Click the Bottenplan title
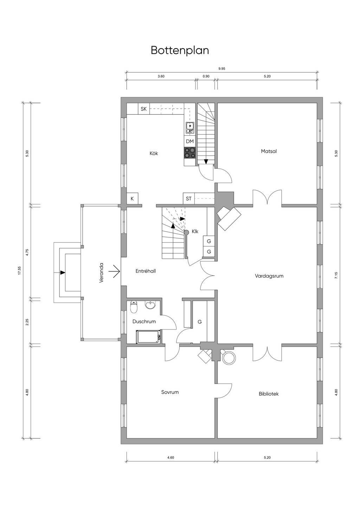[x=180, y=51]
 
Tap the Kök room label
[x=154, y=154]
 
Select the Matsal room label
[x=269, y=151]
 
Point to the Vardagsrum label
[x=269, y=276]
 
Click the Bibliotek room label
[x=269, y=394]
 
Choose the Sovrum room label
[x=170, y=392]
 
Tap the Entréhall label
[x=146, y=271]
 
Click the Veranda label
[x=101, y=273]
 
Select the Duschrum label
[x=144, y=321]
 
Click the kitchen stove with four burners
[x=190, y=152]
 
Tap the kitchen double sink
[x=190, y=128]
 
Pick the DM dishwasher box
[x=190, y=141]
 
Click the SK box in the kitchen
[x=144, y=109]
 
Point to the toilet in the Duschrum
[x=134, y=307]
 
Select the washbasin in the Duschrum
[x=150, y=305]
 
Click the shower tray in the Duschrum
[x=148, y=337]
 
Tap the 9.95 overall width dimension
[x=222, y=68]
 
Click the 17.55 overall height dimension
[x=20, y=270]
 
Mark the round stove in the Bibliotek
[x=229, y=358]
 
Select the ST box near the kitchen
[x=188, y=198]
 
